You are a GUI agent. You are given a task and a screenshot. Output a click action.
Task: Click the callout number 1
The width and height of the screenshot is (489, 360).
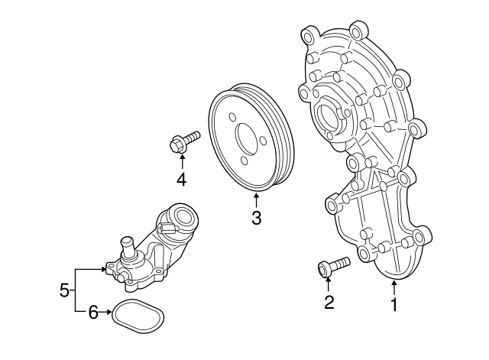[x=394, y=305]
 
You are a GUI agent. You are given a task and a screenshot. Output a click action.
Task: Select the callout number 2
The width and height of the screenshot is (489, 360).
[x=329, y=303]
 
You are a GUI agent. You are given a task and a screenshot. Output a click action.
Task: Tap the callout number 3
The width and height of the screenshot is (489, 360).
[x=257, y=219]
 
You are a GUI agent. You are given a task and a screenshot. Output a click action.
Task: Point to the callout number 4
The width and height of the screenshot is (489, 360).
[x=182, y=180]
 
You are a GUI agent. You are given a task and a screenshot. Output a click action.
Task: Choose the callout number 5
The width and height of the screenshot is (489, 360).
[x=64, y=290]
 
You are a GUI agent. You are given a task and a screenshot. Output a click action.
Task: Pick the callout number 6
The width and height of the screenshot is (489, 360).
[x=94, y=312]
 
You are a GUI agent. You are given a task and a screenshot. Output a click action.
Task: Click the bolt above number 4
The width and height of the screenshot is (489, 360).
[x=183, y=141]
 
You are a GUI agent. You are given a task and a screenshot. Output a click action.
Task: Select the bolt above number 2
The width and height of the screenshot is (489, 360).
[x=332, y=267]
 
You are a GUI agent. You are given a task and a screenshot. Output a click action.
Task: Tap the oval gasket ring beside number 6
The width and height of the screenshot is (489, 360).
[x=138, y=314]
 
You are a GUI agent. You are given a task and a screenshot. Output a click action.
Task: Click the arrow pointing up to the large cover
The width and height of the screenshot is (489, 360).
[x=393, y=287]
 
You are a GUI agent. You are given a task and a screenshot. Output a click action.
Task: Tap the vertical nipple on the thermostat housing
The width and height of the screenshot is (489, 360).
[x=128, y=248]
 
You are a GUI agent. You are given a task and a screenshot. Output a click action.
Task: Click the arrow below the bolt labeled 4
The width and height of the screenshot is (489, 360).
[x=182, y=161]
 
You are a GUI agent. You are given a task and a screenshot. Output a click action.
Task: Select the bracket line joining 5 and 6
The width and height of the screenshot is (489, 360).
[x=76, y=290]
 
